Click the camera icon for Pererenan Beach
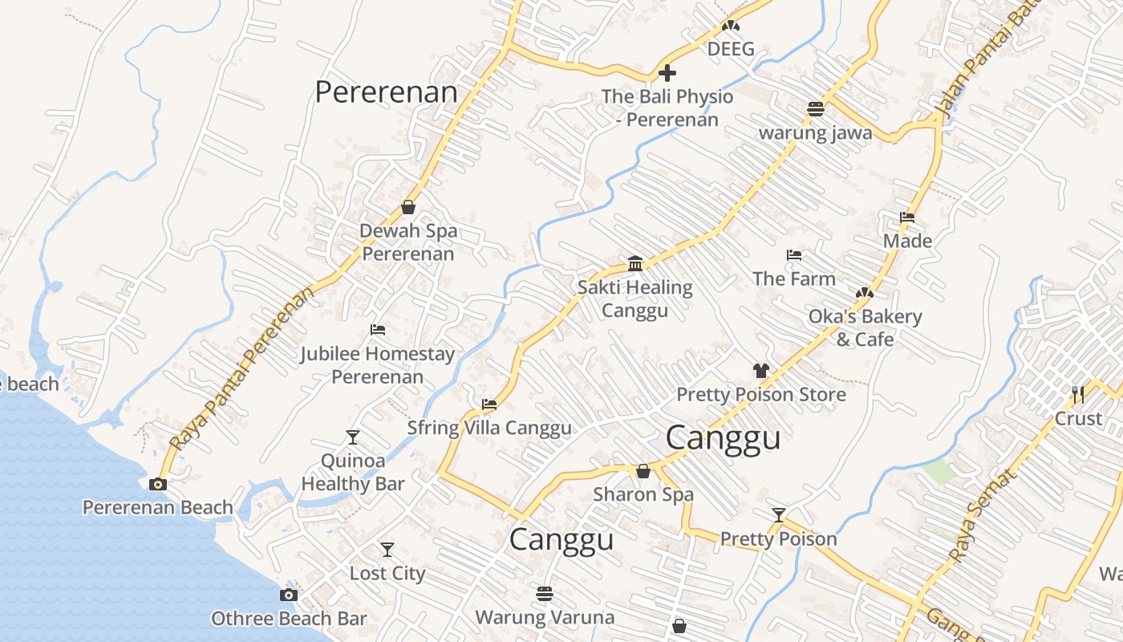[158, 484]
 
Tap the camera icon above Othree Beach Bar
[289, 595]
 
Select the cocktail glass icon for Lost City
[387, 550]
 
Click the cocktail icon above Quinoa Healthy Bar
[353, 437]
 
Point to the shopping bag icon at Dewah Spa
[408, 207]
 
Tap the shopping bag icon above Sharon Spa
[643, 471]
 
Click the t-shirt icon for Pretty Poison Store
[760, 371]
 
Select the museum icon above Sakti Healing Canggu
[635, 263]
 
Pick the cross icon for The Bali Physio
[667, 74]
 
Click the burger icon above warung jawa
[816, 109]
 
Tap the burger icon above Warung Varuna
[545, 594]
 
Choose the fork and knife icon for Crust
[1078, 394]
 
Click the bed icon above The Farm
[794, 255]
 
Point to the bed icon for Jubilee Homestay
[377, 330]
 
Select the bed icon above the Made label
[907, 217]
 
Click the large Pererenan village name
[386, 92]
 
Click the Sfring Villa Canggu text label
[489, 428]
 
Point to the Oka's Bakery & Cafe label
[865, 327]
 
